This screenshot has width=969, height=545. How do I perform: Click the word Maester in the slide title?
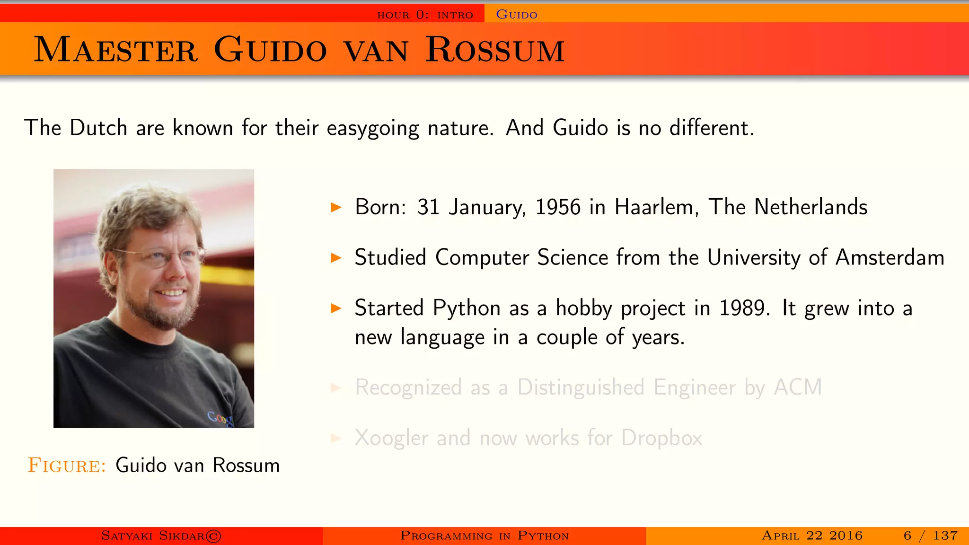(116, 50)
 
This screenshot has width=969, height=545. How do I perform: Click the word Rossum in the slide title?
(495, 50)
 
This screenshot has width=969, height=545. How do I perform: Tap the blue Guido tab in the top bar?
(516, 15)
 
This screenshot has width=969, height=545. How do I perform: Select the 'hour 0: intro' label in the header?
(425, 15)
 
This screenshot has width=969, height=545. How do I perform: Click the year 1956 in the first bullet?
(558, 207)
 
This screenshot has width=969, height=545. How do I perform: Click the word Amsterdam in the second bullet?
(890, 258)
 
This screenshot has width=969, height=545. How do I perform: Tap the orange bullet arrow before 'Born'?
(336, 207)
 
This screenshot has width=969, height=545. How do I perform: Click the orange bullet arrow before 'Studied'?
(336, 258)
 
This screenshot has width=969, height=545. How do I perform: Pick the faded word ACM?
(798, 387)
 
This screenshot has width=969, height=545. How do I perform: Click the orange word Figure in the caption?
(67, 466)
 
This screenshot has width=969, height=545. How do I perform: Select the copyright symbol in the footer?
(213, 536)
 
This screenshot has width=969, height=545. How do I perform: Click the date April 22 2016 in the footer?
(812, 536)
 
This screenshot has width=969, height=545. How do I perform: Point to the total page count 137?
(945, 536)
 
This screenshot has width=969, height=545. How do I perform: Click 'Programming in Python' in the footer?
(484, 536)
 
